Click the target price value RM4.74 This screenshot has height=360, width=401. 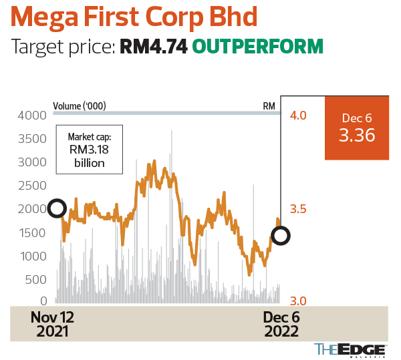[x=154, y=47]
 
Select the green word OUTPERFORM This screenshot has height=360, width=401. [x=258, y=47]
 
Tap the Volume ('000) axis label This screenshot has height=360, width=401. [x=80, y=106]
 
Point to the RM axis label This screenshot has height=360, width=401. [x=269, y=106]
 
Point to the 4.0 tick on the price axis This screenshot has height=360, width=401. [x=297, y=116]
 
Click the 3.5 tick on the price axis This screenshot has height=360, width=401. [x=297, y=209]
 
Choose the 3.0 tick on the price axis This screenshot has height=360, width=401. [x=297, y=301]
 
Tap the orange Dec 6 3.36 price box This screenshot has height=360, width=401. [x=356, y=128]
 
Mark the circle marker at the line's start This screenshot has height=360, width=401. [x=57, y=209]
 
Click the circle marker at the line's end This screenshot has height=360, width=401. [x=281, y=235]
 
